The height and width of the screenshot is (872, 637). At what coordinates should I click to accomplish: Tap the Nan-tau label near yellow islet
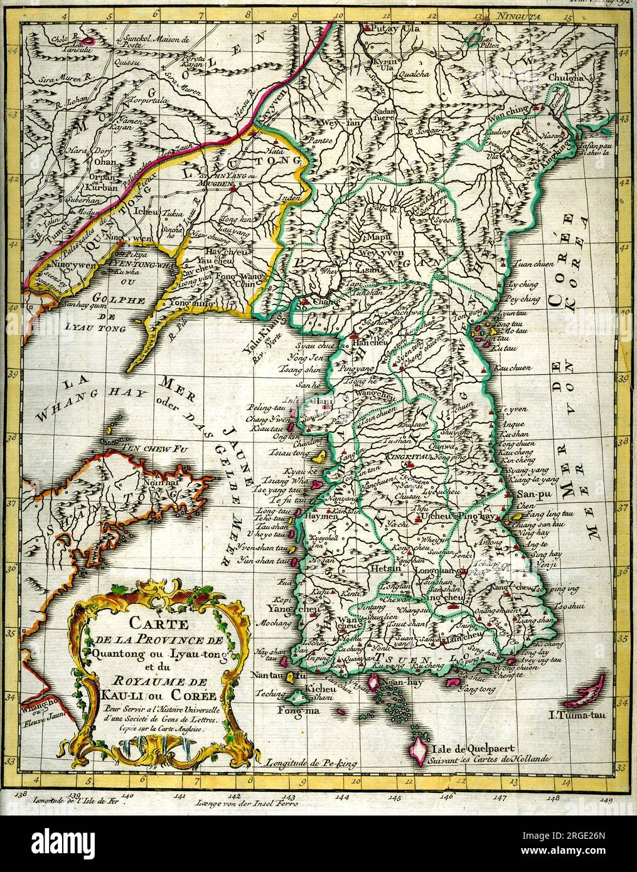270,676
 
